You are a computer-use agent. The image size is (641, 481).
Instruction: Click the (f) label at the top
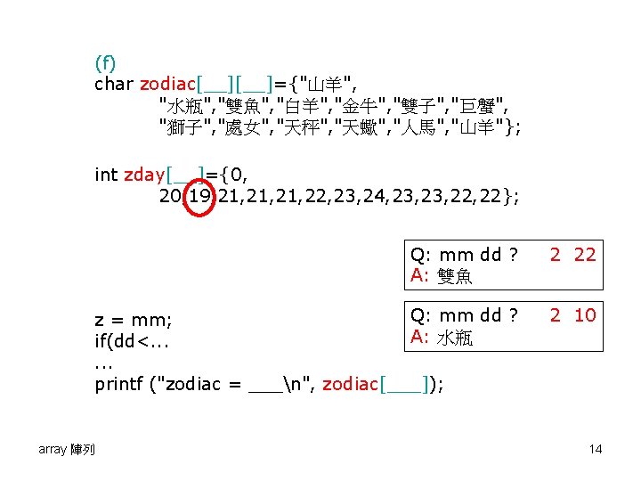[x=105, y=62]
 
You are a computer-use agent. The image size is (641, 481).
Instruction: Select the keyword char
[x=114, y=84]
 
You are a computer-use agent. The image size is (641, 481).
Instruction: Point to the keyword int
[x=106, y=175]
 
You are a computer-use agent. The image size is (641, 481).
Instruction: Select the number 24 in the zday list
[x=364, y=196]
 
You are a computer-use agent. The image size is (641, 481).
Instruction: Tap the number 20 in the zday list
[x=169, y=196]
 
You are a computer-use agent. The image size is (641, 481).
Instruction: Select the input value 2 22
[x=572, y=255]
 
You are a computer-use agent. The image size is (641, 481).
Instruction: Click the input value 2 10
[x=572, y=314]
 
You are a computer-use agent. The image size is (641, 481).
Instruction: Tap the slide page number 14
[x=595, y=449]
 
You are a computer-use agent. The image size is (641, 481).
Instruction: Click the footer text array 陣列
[x=67, y=449]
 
